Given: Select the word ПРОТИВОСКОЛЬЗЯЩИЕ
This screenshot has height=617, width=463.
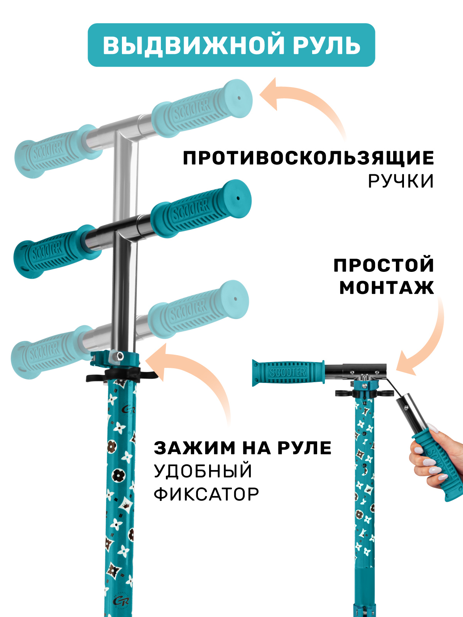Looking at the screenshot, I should pyautogui.click(x=308, y=158).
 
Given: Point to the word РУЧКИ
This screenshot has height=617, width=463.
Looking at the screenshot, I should pyautogui.click(x=401, y=181).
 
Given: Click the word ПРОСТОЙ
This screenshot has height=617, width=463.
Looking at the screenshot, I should pyautogui.click(x=384, y=265).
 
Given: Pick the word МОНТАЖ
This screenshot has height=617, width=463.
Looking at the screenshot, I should pyautogui.click(x=387, y=288).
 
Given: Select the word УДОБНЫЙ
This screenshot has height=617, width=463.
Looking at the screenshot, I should pyautogui.click(x=203, y=471).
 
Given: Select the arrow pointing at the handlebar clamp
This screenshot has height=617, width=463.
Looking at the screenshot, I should pyautogui.click(x=193, y=382).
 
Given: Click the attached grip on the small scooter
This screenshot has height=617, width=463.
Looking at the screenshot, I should pyautogui.click(x=287, y=372).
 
